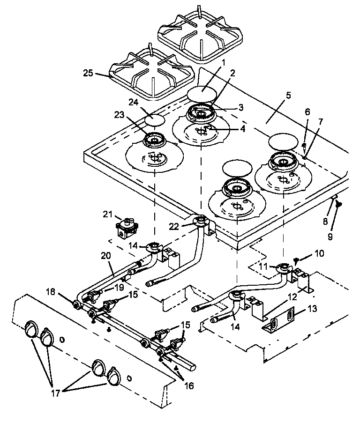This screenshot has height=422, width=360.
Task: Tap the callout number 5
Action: click(288, 95)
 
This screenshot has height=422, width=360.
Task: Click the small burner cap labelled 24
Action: click(155, 119)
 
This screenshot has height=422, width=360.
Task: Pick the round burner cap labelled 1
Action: click(200, 93)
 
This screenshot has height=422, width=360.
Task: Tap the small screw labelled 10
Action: click(297, 259)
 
